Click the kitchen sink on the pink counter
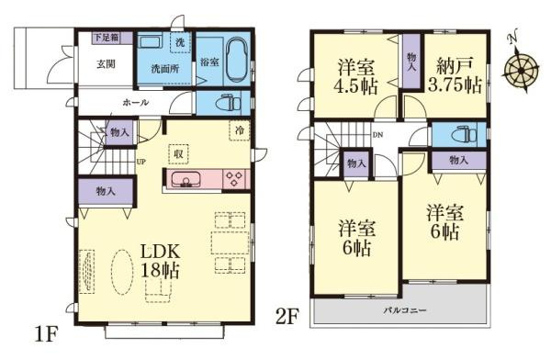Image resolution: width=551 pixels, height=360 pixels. coord(187,180)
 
